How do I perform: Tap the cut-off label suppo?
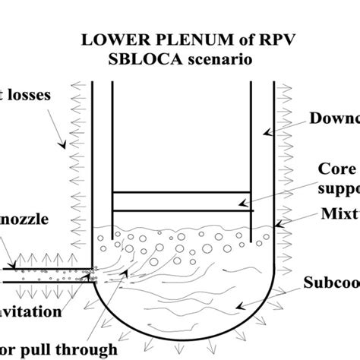[x=336, y=187]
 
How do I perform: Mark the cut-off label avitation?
[x=32, y=311]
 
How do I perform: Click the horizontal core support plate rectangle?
[x=181, y=201]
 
